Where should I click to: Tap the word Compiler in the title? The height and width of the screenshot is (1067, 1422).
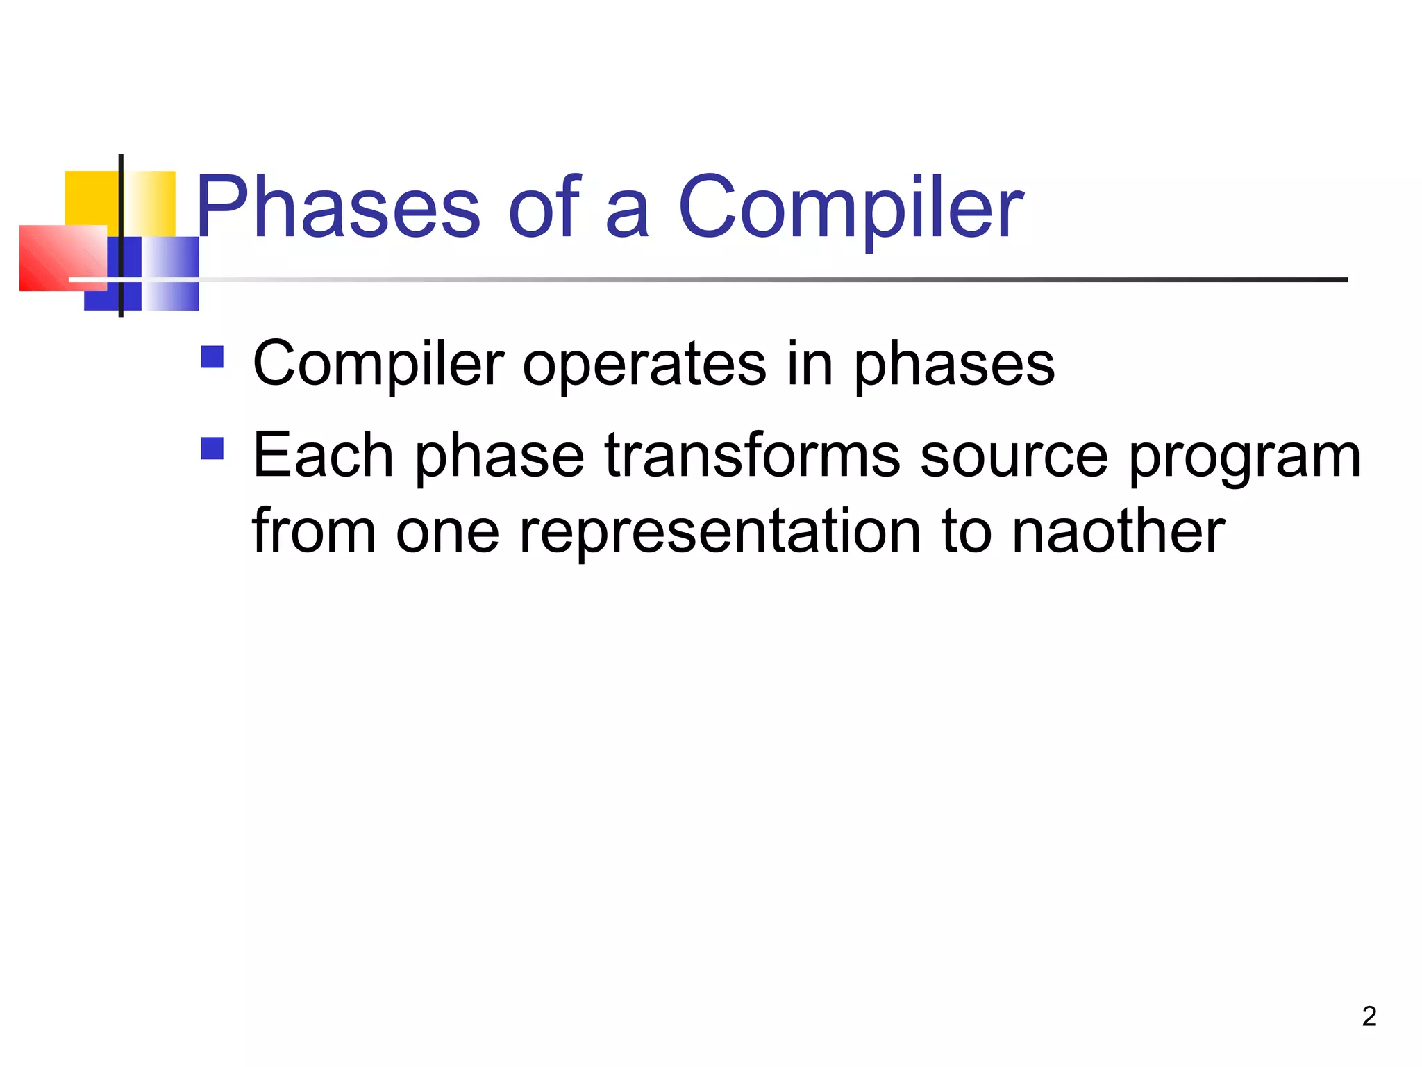click(850, 207)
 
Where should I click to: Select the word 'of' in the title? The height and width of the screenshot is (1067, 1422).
click(544, 207)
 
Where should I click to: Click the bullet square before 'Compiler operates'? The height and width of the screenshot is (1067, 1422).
click(212, 357)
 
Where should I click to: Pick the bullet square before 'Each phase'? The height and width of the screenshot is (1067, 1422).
click(212, 448)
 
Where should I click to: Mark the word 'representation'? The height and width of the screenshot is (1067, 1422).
click(721, 531)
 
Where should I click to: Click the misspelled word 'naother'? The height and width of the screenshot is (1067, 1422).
click(1118, 531)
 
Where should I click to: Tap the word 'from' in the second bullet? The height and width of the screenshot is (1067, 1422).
click(314, 531)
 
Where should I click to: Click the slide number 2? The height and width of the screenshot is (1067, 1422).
click(1369, 1016)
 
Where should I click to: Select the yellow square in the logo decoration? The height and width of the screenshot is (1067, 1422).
click(90, 198)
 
